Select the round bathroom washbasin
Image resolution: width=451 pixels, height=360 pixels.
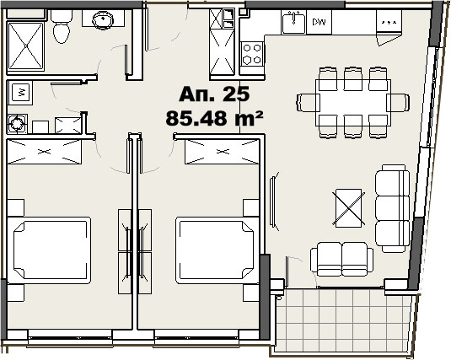point(103,19)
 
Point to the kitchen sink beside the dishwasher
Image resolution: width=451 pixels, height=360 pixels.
point(293,21)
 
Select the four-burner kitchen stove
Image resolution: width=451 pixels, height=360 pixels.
point(252,54)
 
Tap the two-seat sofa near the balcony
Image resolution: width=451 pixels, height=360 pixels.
point(342,257)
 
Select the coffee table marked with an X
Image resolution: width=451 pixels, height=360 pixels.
point(348,206)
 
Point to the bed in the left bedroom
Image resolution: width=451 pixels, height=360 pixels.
point(51,250)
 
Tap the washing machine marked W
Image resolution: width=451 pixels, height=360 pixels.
point(20,91)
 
